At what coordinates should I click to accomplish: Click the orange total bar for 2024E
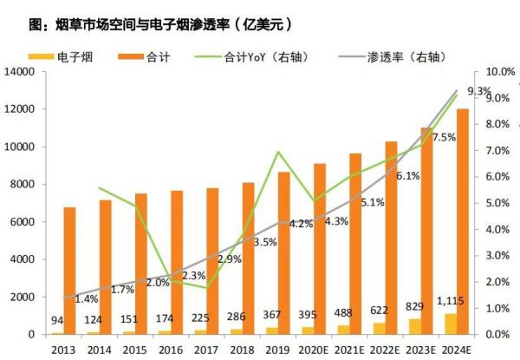point(463,221)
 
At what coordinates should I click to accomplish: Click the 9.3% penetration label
point(478,91)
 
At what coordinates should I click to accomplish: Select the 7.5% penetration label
point(444,138)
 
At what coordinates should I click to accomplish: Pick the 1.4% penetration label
point(87,299)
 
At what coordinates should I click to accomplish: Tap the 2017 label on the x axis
point(205,349)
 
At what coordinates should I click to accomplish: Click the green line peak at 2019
point(277,153)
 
